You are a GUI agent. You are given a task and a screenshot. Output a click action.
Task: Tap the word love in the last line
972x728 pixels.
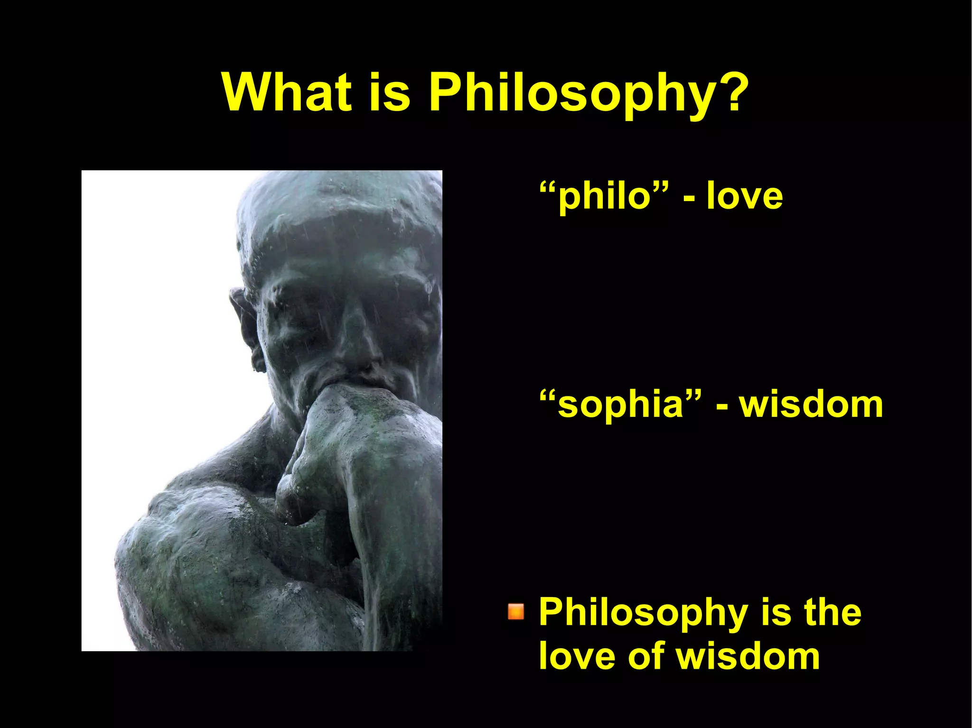(x=576, y=655)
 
